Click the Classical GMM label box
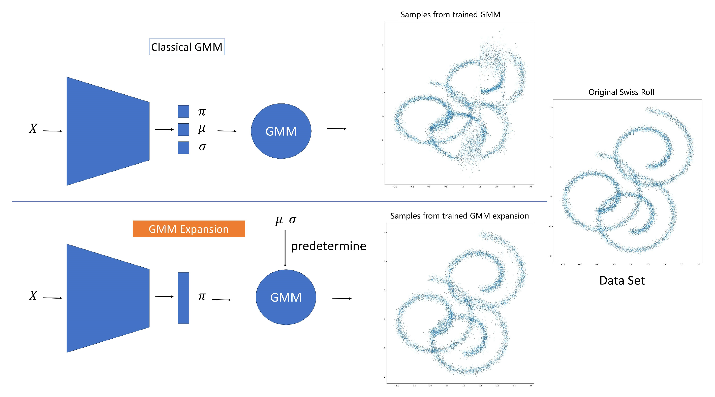click(x=187, y=47)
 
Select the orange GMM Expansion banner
click(x=189, y=229)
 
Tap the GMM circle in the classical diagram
click(x=281, y=131)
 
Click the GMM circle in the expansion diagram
click(x=286, y=297)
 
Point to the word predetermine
click(x=328, y=246)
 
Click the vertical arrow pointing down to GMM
click(x=285, y=248)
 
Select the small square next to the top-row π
click(x=183, y=112)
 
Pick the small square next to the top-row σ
click(x=183, y=148)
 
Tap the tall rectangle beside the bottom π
click(x=183, y=298)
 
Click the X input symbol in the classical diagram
click(x=33, y=128)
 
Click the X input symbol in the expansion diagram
click(x=33, y=296)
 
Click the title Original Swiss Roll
click(x=621, y=92)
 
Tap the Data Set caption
click(x=622, y=280)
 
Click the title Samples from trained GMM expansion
click(x=459, y=216)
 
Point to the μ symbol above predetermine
click(x=279, y=220)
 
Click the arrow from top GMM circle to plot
click(x=336, y=129)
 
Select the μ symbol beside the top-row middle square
click(x=202, y=129)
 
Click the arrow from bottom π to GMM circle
click(x=221, y=300)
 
